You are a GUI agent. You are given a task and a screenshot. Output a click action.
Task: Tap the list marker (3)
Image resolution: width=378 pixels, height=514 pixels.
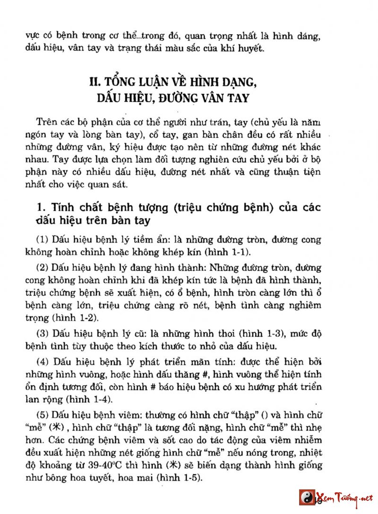[43, 334]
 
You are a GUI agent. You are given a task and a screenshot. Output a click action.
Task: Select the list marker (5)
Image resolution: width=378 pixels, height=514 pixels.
[43, 417]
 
